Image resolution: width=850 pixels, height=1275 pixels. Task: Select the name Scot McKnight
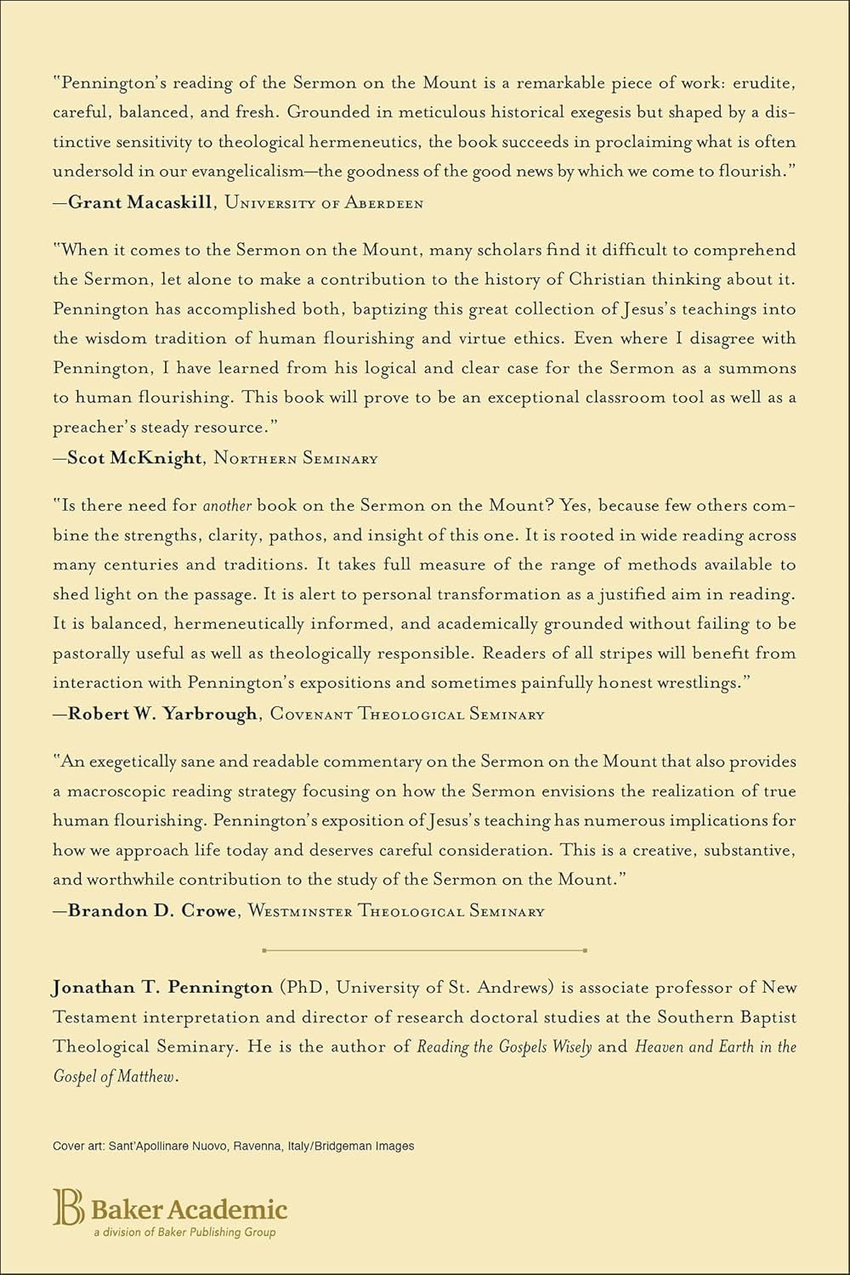click(x=135, y=458)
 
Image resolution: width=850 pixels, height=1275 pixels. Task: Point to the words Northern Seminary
click(x=295, y=458)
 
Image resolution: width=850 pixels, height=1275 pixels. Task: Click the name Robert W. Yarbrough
click(x=162, y=714)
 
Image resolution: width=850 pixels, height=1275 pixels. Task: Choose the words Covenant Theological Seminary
click(x=406, y=714)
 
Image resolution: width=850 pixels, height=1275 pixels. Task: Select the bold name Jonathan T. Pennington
click(x=162, y=988)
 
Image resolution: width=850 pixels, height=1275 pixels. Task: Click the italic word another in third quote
click(x=227, y=506)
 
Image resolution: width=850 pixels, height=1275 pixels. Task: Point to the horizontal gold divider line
click(x=425, y=949)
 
